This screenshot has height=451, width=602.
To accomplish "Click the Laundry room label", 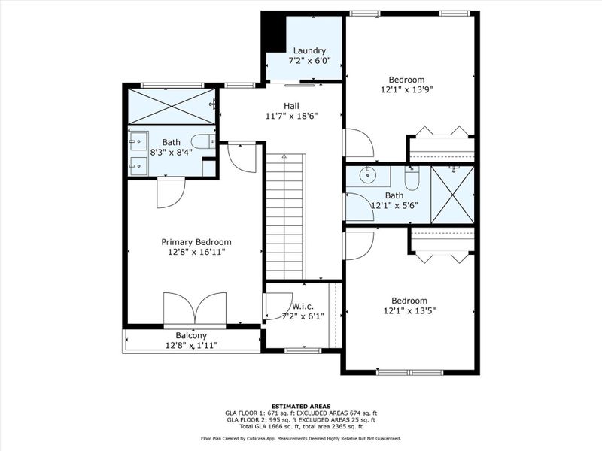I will click(x=309, y=51).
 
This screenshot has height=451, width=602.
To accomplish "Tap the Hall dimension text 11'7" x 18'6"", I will click(x=291, y=117).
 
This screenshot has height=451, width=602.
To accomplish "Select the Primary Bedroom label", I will click(x=196, y=242).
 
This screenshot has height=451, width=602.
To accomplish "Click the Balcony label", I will click(x=191, y=336).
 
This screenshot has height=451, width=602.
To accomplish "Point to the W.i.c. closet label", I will click(x=303, y=306).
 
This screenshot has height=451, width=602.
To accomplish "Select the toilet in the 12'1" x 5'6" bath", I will click(x=412, y=179).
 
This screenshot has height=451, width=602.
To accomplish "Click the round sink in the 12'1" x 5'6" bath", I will click(x=368, y=177).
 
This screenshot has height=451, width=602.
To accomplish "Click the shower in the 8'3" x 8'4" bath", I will click(x=170, y=106).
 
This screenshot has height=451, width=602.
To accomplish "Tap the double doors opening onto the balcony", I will click(x=196, y=310).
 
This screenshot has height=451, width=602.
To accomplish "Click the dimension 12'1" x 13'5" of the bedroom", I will click(x=409, y=310).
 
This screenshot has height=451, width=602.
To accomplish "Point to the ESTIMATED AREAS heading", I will click(x=300, y=406).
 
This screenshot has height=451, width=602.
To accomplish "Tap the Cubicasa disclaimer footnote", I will click(x=300, y=438).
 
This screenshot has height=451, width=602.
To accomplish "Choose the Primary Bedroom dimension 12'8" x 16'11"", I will click(x=196, y=252).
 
